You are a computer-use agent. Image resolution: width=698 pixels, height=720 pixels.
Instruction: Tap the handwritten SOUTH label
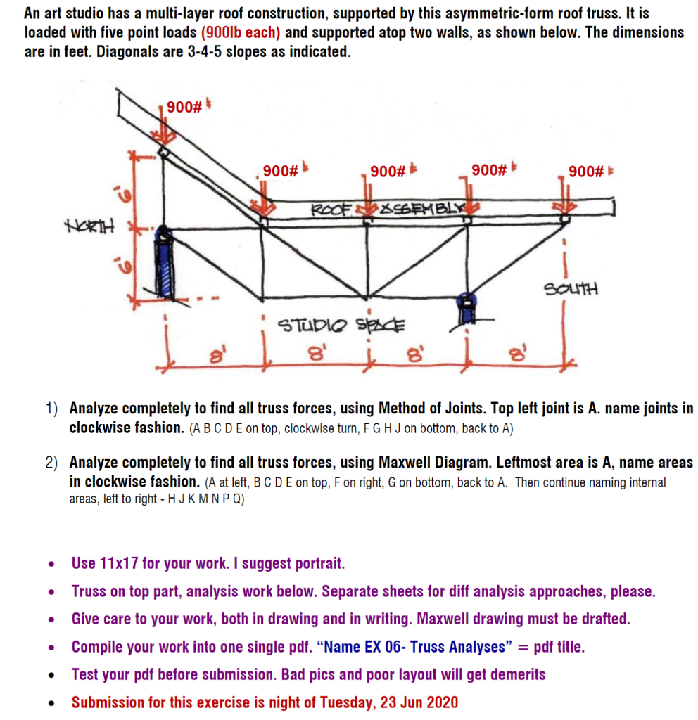tap(571, 288)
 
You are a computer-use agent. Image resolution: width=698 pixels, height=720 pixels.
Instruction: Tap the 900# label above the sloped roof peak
tap(184, 107)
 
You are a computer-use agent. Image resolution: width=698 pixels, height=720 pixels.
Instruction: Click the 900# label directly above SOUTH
tap(586, 171)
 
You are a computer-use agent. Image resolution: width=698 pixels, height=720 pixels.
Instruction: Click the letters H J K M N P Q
tap(205, 500)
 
